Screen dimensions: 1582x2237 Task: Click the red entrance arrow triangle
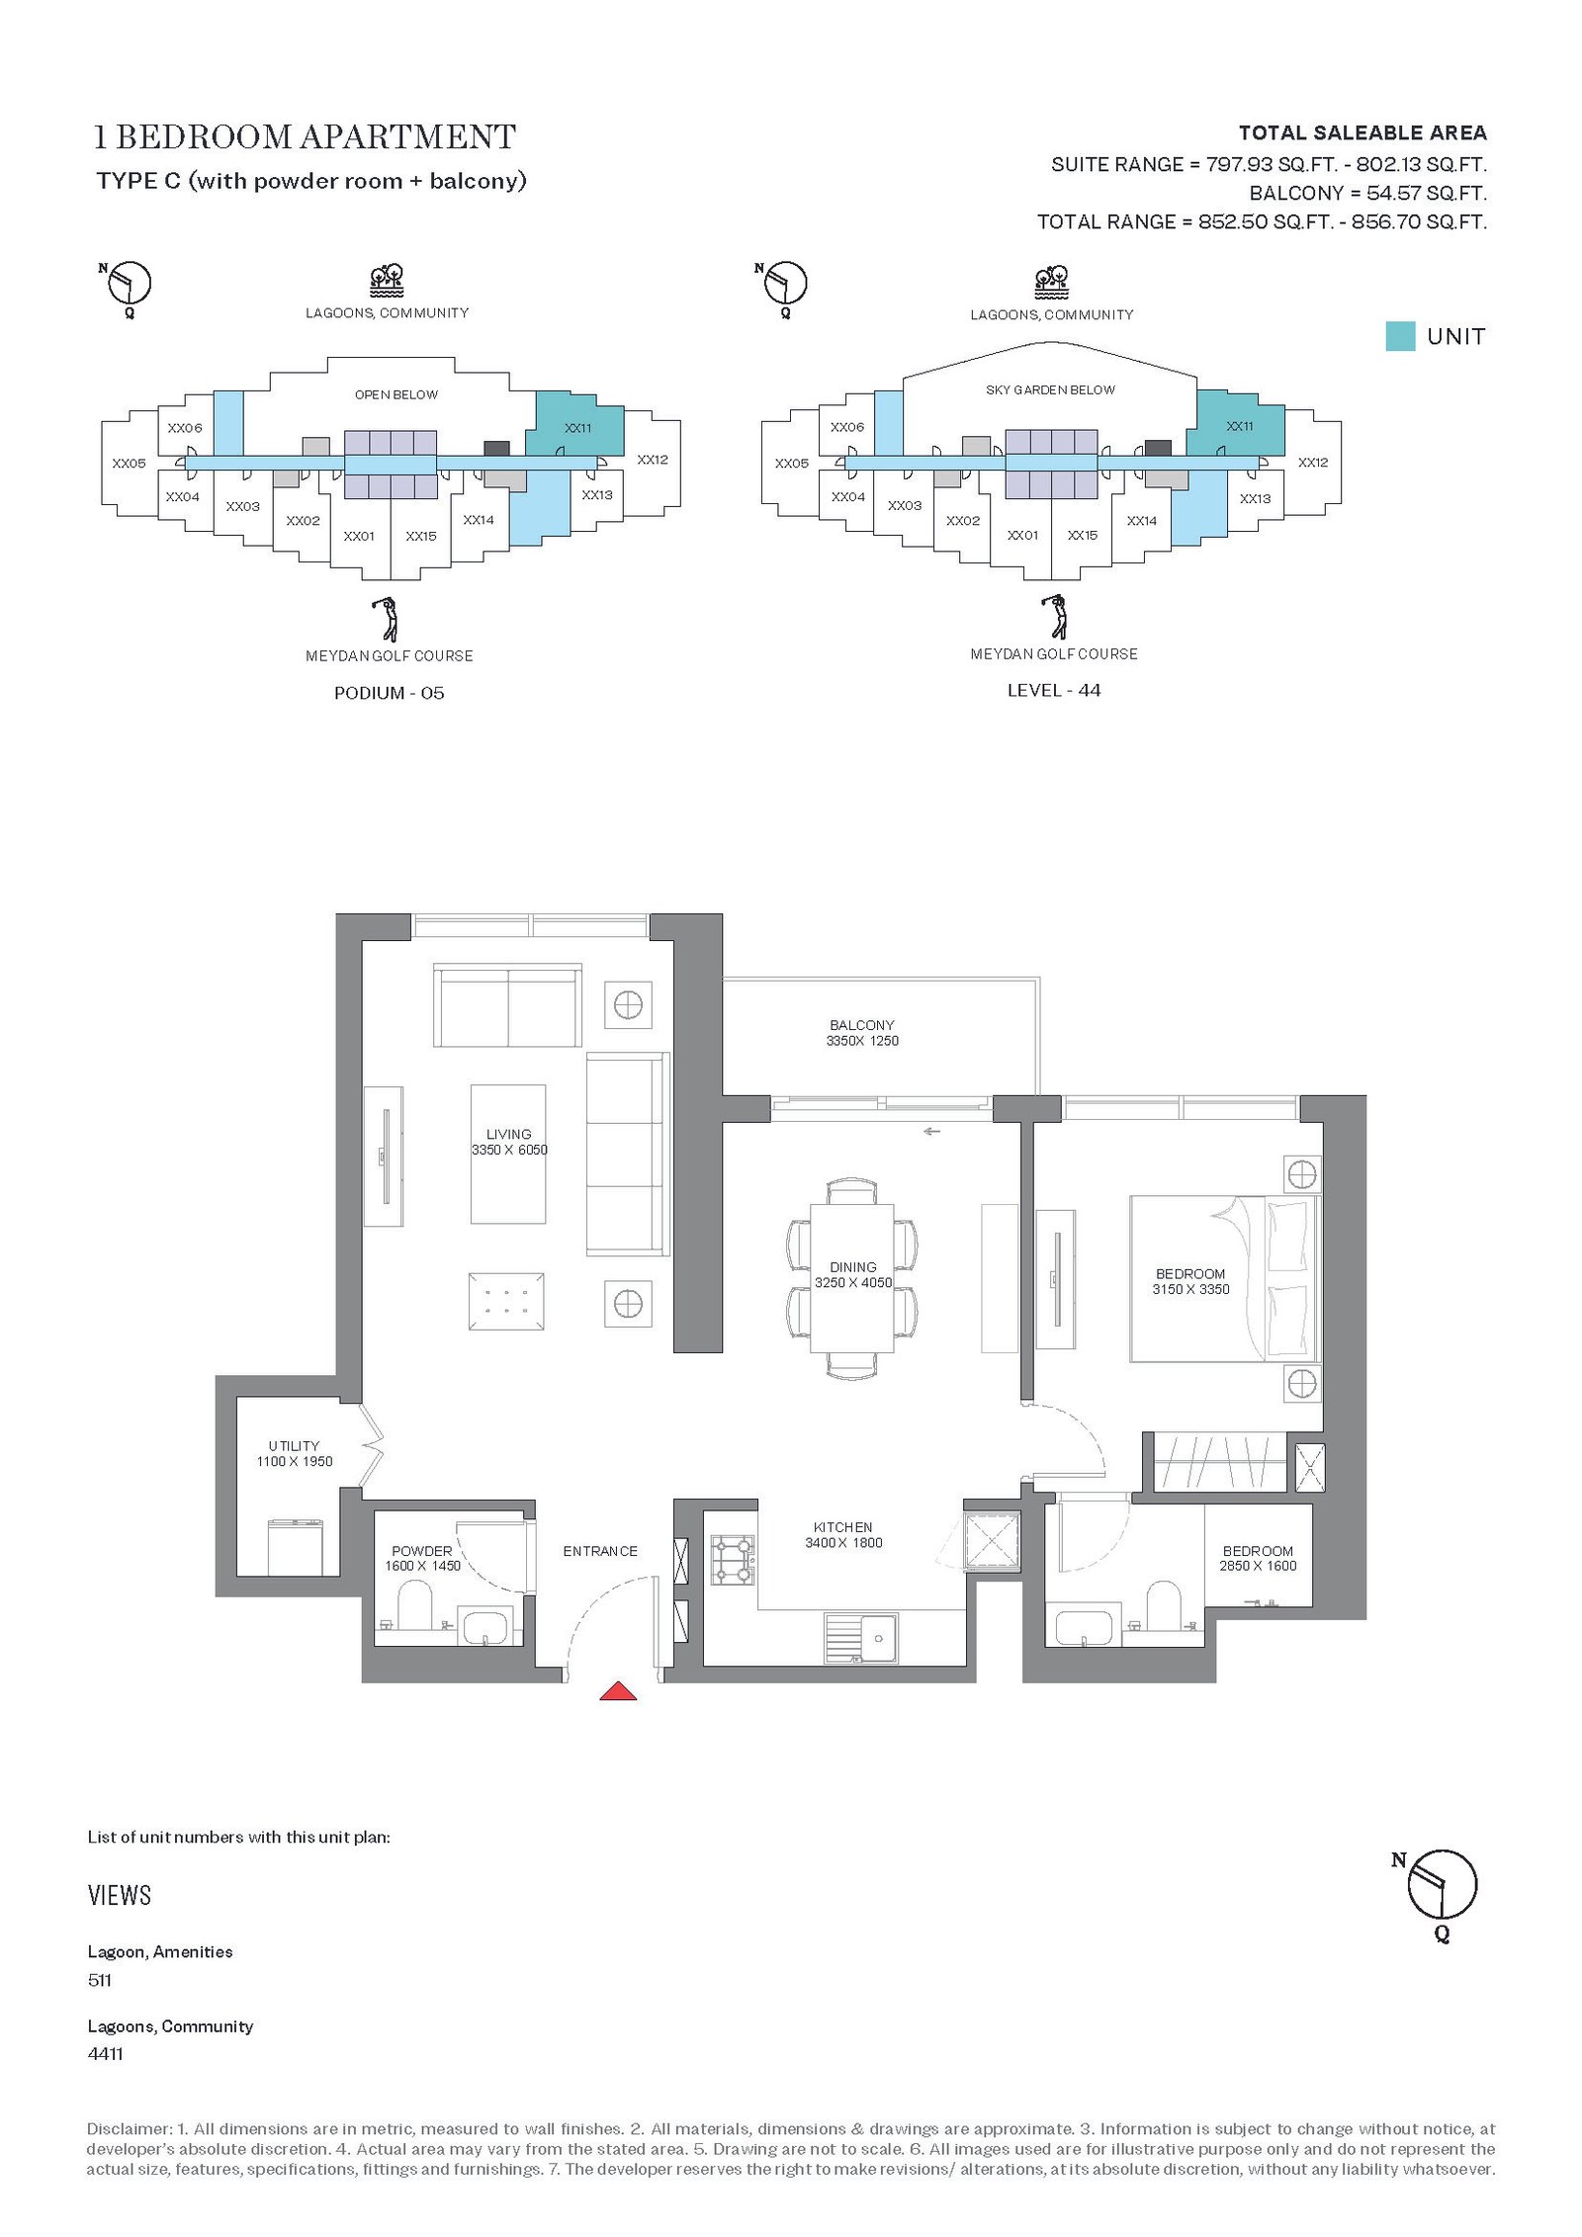(618, 1691)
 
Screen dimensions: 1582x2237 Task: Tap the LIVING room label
(509, 1134)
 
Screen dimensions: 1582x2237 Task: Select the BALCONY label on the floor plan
(862, 1025)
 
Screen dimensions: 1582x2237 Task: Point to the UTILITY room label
(295, 1446)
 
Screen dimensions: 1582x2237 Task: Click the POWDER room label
(422, 1551)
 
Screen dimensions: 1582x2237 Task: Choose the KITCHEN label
(843, 1527)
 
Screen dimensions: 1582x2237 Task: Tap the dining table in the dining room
(852, 1277)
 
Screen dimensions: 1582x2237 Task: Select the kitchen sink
(861, 1638)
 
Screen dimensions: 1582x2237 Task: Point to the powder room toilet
(414, 1605)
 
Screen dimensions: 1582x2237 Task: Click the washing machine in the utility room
(295, 1547)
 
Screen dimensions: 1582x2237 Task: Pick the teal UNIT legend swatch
(1400, 336)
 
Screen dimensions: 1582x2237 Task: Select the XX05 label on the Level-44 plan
(792, 463)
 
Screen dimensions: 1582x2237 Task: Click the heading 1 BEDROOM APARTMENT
(305, 136)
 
